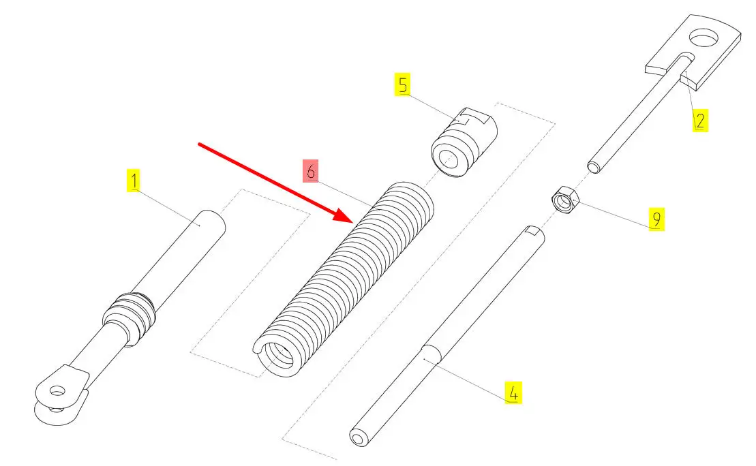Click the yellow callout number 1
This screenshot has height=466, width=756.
[134, 181]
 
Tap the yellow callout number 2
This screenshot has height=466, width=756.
[700, 120]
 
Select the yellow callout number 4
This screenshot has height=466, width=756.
[513, 392]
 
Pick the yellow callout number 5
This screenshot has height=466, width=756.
[403, 84]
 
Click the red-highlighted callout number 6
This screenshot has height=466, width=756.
[310, 170]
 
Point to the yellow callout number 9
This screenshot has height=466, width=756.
[656, 219]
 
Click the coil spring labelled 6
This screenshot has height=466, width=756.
[344, 279]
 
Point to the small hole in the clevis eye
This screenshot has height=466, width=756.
[57, 391]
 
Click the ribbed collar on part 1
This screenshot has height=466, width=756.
[130, 317]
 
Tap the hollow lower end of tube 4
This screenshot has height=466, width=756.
[358, 439]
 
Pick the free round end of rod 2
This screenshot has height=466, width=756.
[594, 167]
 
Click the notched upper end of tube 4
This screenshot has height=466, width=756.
[534, 233]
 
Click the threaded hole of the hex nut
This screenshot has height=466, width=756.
[562, 200]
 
